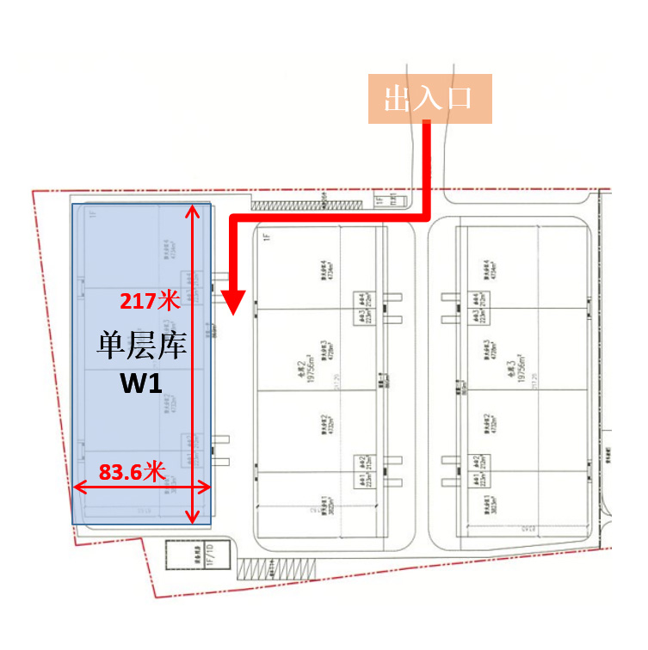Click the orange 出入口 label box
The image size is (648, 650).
[430, 99]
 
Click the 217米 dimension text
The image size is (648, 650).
[149, 301]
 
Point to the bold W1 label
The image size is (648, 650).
[141, 384]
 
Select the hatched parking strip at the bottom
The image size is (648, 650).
[276, 568]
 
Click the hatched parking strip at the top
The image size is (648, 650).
[287, 204]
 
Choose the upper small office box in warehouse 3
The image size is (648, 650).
[475, 305]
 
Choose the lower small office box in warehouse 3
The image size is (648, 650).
[476, 469]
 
